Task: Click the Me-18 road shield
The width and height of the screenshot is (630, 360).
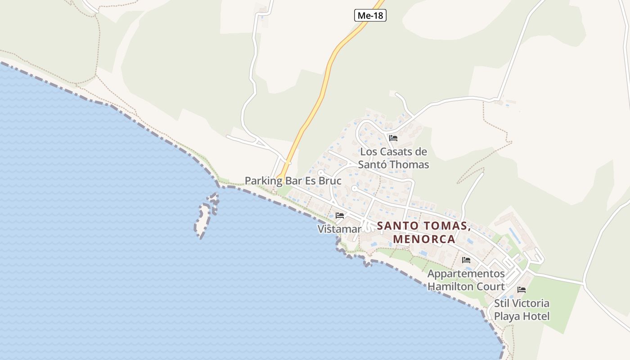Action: point(370,15)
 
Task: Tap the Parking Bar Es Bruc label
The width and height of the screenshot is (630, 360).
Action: point(293,181)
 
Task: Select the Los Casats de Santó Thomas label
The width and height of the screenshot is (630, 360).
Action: point(394,158)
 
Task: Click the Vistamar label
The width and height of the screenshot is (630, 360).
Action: point(339,229)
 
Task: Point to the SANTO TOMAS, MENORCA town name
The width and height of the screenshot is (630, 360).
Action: point(424,232)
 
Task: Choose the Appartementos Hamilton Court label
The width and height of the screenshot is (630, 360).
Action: point(466,280)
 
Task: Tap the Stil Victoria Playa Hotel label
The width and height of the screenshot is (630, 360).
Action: point(522,310)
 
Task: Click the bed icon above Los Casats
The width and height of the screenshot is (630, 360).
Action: point(393,138)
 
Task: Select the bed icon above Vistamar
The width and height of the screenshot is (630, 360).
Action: point(340,216)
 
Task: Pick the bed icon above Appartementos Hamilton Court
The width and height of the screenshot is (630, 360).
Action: point(466,260)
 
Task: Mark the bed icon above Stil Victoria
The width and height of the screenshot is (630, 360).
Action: point(522,290)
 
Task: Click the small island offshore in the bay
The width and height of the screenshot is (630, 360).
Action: point(203,219)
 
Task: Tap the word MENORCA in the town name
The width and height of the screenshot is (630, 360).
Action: point(424,239)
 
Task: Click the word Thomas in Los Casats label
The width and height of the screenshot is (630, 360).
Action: point(409,165)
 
